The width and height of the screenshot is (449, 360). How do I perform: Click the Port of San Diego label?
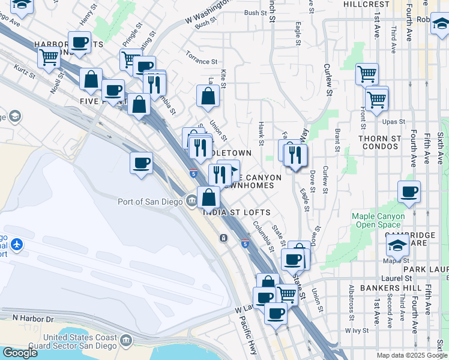150,202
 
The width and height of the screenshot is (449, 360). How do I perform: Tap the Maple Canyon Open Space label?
378,220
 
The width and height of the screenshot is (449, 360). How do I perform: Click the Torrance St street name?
202,61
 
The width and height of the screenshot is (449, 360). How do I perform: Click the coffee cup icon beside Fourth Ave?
409,192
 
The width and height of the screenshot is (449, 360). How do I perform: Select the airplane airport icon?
16,245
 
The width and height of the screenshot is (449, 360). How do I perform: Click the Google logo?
19,353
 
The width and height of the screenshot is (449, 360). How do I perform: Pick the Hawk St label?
261,133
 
